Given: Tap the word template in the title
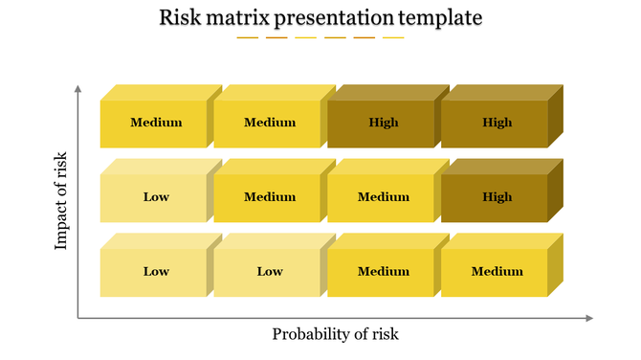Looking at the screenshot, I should [439, 17].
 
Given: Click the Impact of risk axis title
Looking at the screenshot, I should [62, 200].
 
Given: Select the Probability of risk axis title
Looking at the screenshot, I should [335, 334].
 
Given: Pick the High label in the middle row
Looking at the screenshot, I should [497, 197].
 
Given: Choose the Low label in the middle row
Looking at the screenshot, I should [156, 197].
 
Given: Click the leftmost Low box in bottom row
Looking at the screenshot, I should [156, 272].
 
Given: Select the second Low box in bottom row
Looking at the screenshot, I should [270, 272].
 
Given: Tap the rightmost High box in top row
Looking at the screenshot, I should [497, 123].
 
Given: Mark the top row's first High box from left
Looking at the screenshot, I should [383, 123].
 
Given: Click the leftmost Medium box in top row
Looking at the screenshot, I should [156, 123].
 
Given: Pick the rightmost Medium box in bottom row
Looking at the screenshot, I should [497, 272].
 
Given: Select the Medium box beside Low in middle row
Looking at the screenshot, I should [270, 197].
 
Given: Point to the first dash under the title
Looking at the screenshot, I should [248, 38].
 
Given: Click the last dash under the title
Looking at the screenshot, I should [393, 38].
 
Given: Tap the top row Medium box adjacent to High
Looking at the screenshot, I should [270, 123].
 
